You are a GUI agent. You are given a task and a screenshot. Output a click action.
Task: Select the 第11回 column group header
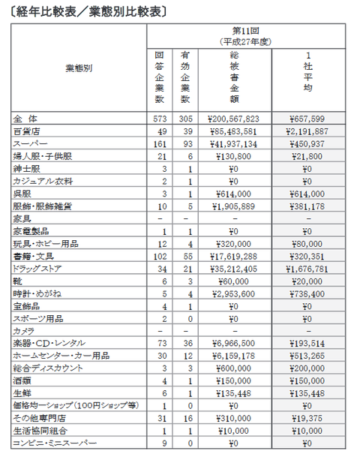[x=245, y=31]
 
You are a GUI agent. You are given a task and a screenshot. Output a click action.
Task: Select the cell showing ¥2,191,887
[x=307, y=131]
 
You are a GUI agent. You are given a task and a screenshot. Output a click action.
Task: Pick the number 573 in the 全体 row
[x=159, y=119]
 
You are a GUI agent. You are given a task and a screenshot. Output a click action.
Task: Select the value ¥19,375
[x=307, y=418]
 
